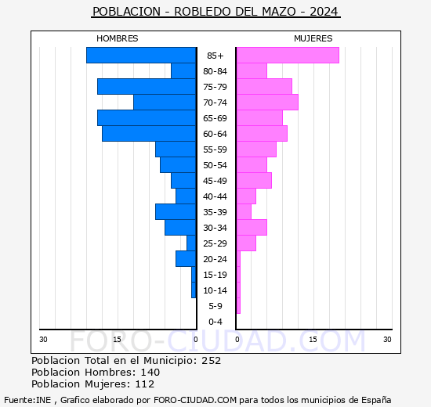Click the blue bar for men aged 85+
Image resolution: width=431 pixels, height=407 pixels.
(x=141, y=56)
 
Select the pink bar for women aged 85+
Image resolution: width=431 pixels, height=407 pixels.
(x=288, y=56)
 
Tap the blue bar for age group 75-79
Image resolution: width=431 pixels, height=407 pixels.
(x=147, y=87)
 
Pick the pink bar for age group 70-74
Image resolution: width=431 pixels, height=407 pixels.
(x=267, y=103)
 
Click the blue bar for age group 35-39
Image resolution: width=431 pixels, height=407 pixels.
(x=176, y=212)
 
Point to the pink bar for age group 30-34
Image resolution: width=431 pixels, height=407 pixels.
(x=252, y=228)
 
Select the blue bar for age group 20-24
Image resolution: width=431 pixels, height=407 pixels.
(x=186, y=259)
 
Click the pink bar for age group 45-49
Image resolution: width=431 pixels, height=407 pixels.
(x=254, y=181)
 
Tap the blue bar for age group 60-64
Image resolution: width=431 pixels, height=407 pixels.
(x=149, y=134)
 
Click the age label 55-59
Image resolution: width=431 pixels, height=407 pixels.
(x=215, y=149)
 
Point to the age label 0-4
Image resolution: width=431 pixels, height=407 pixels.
(x=215, y=322)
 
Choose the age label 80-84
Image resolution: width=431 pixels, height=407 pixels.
(x=215, y=71)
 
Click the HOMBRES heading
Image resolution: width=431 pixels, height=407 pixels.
(x=118, y=38)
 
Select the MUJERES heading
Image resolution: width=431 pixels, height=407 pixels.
(x=313, y=38)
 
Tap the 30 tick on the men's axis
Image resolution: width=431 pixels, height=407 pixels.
(x=43, y=340)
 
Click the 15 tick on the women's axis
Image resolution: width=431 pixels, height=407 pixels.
(x=313, y=340)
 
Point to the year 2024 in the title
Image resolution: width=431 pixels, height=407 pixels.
(x=324, y=12)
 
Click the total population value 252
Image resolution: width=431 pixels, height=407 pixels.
(x=212, y=361)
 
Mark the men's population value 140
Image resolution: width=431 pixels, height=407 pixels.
(x=150, y=373)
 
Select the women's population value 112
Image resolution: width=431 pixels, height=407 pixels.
(x=145, y=384)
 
